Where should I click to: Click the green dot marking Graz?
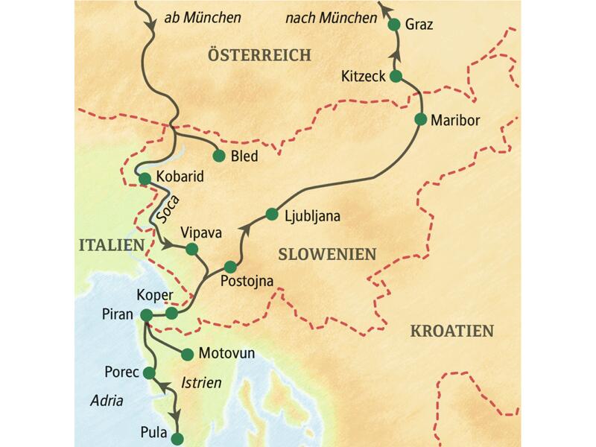tap(395, 24)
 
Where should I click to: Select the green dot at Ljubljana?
tap(272, 215)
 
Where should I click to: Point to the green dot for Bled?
tap(219, 156)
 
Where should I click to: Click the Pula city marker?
tap(177, 438)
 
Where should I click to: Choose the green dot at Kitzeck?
tap(396, 76)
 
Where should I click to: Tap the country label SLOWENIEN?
tap(327, 254)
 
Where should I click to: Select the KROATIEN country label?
tap(452, 332)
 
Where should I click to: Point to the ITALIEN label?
tap(109, 245)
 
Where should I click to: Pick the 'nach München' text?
tap(331, 17)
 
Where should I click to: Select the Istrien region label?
tap(199, 382)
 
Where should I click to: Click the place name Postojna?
tap(247, 282)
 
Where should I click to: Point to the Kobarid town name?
tap(179, 178)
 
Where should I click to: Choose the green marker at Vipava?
tap(191, 248)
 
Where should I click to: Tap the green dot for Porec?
tap(149, 372)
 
